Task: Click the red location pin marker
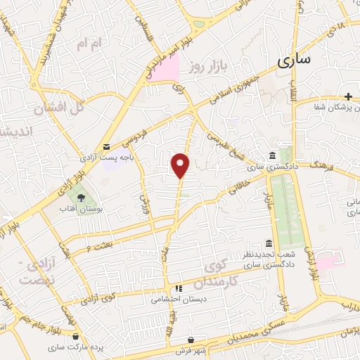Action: tap(181, 165)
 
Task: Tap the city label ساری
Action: tap(293, 60)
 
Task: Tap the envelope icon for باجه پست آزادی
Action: tap(105, 146)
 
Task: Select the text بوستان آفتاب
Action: tap(79, 210)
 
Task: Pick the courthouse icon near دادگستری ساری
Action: tap(271, 156)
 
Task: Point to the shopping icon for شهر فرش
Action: tap(201, 340)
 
